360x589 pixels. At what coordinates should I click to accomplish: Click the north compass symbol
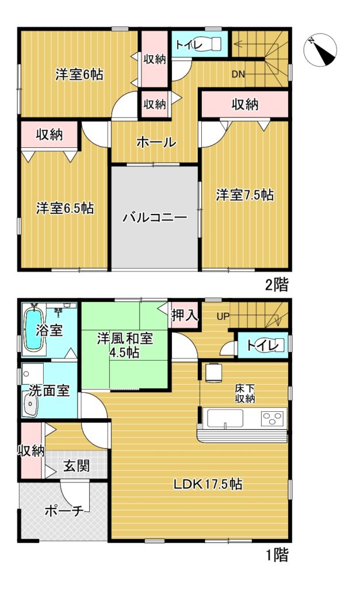click(x=320, y=50)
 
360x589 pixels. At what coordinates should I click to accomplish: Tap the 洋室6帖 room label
click(x=79, y=74)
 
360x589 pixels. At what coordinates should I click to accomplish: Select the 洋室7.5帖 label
click(x=245, y=195)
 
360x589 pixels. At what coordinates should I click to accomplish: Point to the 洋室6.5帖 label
click(x=65, y=208)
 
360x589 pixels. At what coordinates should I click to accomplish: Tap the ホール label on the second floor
click(x=156, y=142)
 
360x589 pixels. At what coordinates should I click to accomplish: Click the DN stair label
click(x=238, y=74)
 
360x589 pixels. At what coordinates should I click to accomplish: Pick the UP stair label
click(x=223, y=316)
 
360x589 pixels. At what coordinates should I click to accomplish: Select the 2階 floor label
click(x=277, y=285)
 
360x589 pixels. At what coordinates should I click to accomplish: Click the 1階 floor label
click(x=277, y=555)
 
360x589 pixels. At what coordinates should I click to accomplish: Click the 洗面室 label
click(x=49, y=391)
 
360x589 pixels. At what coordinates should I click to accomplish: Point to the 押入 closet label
click(x=185, y=315)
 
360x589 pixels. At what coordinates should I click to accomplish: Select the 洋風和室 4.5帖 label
click(x=125, y=345)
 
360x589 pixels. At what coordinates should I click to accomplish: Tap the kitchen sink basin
click(x=225, y=418)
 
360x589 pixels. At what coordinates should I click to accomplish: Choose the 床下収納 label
click(x=245, y=393)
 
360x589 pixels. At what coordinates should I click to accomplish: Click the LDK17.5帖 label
click(x=208, y=484)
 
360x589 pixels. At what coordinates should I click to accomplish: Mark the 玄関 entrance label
click(x=76, y=466)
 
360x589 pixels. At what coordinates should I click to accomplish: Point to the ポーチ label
click(x=64, y=511)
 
